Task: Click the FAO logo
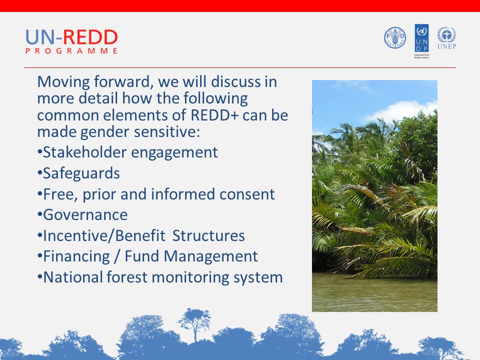[395, 37]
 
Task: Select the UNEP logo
[446, 38]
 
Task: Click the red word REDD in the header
[90, 37]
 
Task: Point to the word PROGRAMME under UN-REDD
[71, 51]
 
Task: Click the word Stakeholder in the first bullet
[84, 152]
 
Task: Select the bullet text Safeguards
[81, 173]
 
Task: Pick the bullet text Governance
[85, 214]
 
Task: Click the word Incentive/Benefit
[104, 235]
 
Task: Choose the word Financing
[76, 256]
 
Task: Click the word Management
[210, 256]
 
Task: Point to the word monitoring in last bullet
[190, 277]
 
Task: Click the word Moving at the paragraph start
[63, 82]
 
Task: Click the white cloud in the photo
[401, 111]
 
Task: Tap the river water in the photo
[374, 292]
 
